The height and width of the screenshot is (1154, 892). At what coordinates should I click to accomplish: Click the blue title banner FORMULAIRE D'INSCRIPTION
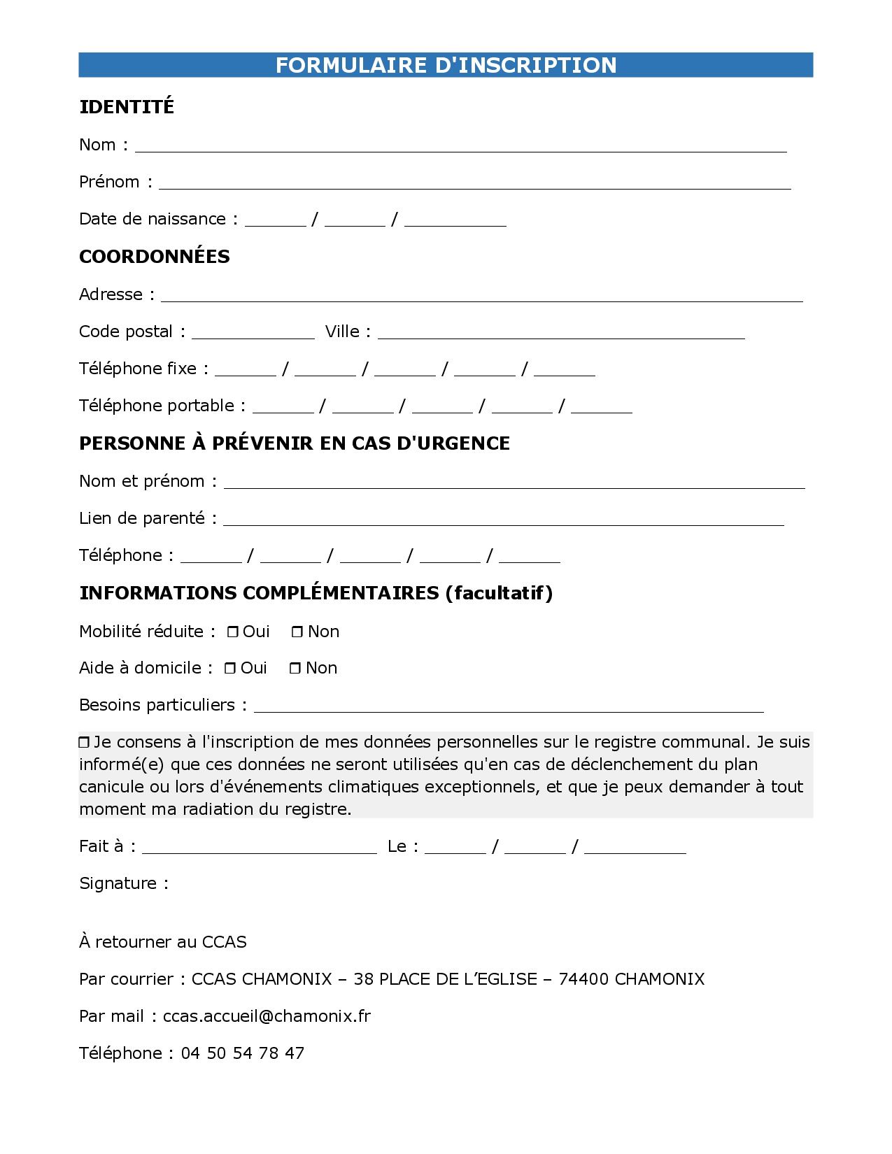pos(446,65)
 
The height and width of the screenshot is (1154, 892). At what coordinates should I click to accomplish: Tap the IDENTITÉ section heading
pos(127,107)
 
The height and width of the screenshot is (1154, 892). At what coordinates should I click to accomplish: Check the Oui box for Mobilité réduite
pos(233,632)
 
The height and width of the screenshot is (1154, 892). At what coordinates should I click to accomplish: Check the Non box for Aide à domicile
pos(295,669)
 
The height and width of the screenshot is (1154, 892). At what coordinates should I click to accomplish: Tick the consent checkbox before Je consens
pos(85,742)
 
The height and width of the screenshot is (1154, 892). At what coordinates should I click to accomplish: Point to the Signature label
pos(124,883)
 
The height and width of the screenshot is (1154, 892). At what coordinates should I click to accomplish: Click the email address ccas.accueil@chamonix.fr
pos(267,1016)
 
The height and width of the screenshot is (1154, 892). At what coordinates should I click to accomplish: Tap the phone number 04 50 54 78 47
pos(242,1053)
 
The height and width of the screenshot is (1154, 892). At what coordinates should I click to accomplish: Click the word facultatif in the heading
pos(500,593)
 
